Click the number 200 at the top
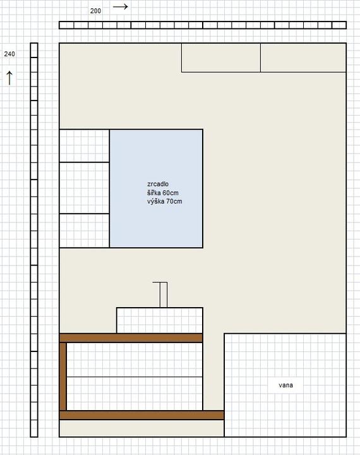tap(95, 11)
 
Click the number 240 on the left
tap(9, 54)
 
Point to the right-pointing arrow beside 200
tap(121, 7)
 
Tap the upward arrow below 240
tap(9, 78)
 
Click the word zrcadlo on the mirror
tap(158, 184)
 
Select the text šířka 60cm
tap(163, 193)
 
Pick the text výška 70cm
tap(164, 202)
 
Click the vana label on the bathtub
tap(285, 385)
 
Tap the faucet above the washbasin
tap(164, 294)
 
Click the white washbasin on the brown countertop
tap(160, 320)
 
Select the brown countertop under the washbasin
tap(131, 338)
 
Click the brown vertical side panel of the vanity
tap(63, 377)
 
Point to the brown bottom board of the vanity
tap(141, 415)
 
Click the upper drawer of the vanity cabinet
tap(135, 360)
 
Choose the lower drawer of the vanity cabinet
tap(135, 394)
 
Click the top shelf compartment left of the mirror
tap(85, 146)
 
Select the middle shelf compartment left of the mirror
tap(85, 188)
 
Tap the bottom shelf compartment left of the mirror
tap(85, 231)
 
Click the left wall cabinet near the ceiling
tap(221, 58)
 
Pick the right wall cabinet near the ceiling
tap(303, 58)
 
